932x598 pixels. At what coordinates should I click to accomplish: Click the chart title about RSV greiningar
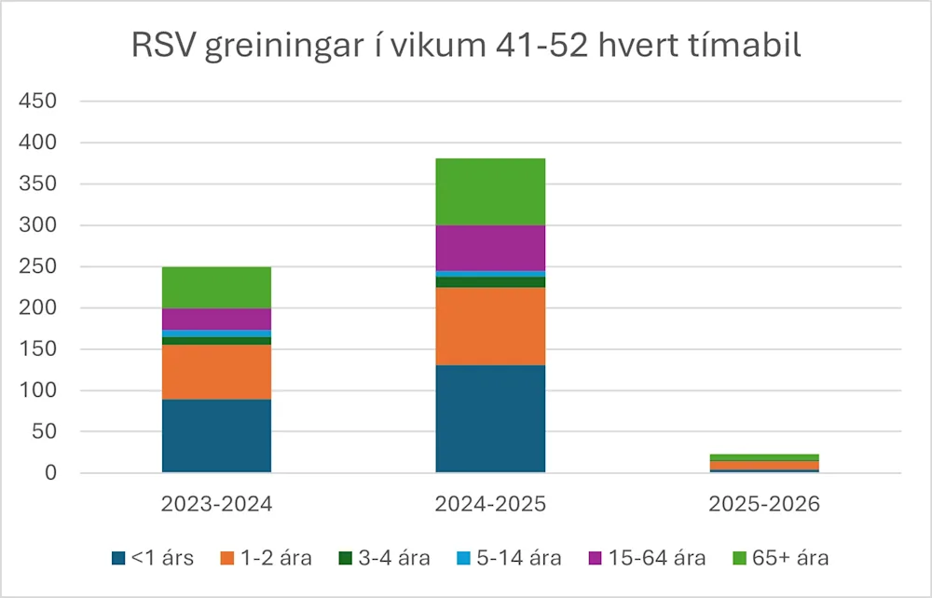(466, 46)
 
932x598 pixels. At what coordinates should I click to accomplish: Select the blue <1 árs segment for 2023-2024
(216, 436)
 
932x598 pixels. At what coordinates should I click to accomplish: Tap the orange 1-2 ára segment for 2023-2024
(216, 372)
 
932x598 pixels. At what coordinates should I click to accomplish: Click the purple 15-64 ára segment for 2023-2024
(216, 319)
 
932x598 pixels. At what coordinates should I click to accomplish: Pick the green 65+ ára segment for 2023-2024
(216, 287)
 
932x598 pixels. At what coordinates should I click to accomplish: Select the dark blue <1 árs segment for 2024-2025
(490, 418)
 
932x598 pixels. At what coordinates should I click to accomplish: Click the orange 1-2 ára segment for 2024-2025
(490, 326)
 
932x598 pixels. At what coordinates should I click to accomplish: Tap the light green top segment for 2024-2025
(490, 192)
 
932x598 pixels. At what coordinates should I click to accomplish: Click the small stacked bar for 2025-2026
(764, 463)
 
